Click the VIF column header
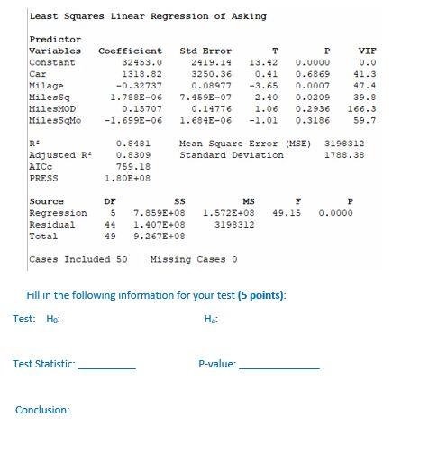coord(367,51)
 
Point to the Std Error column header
coord(205,51)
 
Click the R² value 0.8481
coord(133,144)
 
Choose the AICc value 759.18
coord(133,167)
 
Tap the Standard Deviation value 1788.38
coord(343,155)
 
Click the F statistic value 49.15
coord(286,213)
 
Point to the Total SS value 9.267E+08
coord(159,237)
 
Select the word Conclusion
coord(42,411)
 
